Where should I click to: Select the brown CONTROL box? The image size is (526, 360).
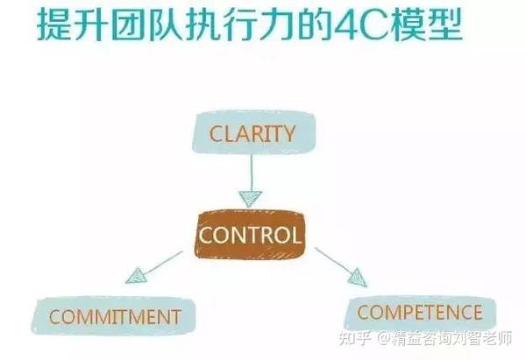point(250,235)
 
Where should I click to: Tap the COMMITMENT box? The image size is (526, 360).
point(115,316)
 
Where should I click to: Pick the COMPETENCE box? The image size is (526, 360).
point(420,312)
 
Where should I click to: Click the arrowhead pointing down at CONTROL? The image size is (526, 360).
point(250,196)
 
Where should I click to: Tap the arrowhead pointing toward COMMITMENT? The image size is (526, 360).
point(136,279)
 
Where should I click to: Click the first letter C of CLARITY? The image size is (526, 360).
point(215,134)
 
